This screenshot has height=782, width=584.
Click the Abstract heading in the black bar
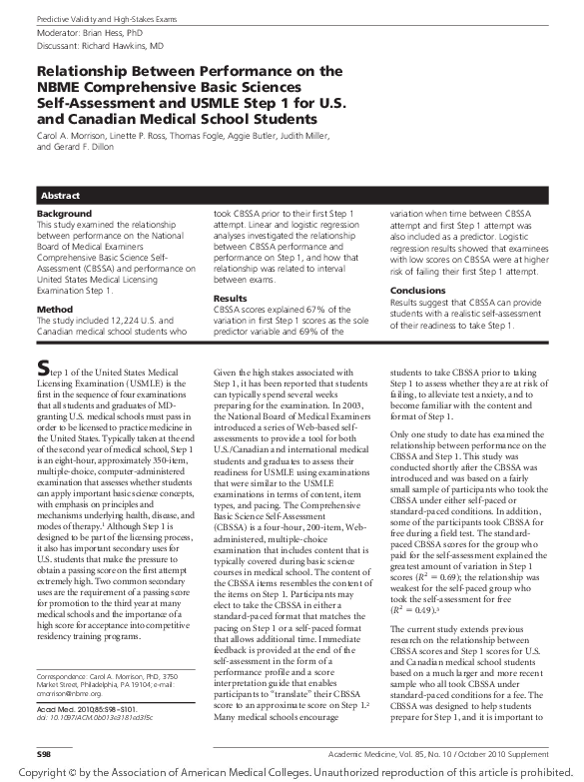[x=60, y=195]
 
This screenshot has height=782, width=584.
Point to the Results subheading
[x=230, y=299]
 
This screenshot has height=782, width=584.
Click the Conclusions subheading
[x=424, y=291]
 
